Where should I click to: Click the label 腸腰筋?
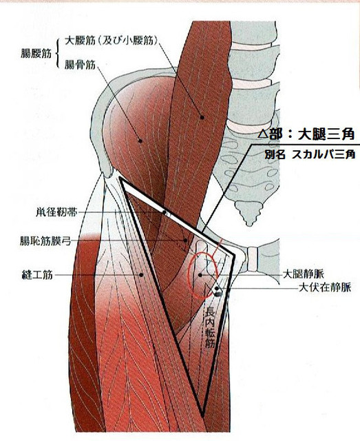pos(36,53)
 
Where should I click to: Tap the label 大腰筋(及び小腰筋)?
pos(112,41)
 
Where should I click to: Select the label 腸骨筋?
pos(80,65)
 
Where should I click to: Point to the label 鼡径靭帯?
pos(56,212)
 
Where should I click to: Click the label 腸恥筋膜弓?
pos(45,240)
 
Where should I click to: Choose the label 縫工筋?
pos(37,274)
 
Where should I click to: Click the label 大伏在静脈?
pos(325,287)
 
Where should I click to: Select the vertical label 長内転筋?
pos(210,328)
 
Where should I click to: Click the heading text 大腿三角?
pos(326,135)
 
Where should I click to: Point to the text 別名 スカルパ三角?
pos(310,154)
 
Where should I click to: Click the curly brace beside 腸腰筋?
pos(58,53)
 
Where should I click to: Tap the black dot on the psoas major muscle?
pos(202,117)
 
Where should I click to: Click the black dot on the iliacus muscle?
pos(140,141)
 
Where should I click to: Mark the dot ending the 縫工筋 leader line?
pos(142,274)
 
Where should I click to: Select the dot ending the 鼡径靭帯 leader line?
pos(164,212)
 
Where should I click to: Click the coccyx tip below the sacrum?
pos(249,223)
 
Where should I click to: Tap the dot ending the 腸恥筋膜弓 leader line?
pos(185,240)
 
